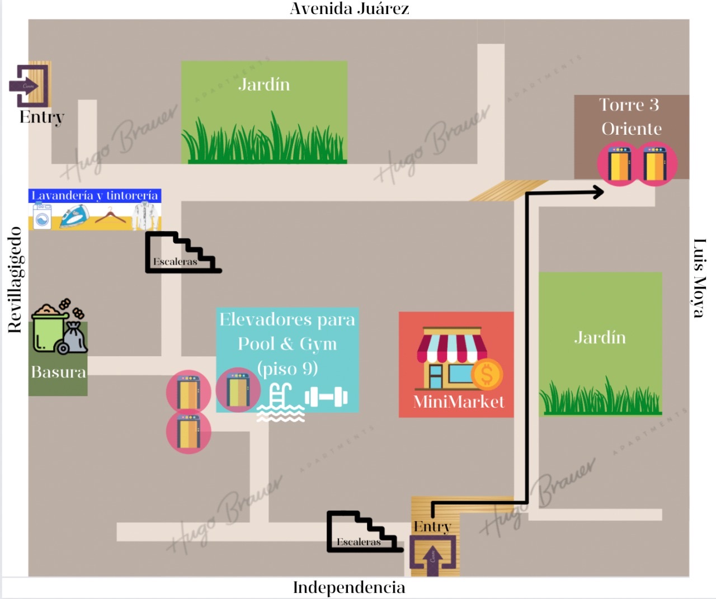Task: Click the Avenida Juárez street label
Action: (349, 9)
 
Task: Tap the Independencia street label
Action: (349, 587)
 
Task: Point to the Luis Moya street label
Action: (699, 278)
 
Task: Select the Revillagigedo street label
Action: (15, 280)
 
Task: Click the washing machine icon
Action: (43, 216)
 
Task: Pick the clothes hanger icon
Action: (110, 216)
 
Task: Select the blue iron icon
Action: (75, 216)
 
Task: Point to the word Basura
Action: (58, 372)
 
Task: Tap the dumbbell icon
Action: (326, 397)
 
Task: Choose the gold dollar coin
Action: (487, 375)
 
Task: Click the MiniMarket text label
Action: (458, 402)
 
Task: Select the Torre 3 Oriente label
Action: (630, 116)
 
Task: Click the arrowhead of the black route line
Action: (599, 192)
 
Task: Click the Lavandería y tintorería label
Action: (95, 195)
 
